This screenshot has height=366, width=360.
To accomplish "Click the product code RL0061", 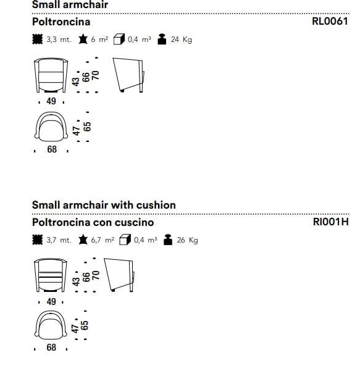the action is tap(330, 21).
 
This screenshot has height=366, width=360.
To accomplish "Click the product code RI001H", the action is tap(330, 222).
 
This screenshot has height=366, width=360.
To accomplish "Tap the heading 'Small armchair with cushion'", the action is tap(104, 205).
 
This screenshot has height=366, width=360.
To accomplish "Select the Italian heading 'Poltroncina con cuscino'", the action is tap(93, 222).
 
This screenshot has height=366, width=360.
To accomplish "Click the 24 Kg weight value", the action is tap(182, 40).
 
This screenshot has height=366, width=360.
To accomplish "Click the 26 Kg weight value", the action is tap(187, 240).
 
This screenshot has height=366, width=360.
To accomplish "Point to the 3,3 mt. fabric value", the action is tap(59, 40).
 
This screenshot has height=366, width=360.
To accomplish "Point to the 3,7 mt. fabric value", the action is tap(59, 240).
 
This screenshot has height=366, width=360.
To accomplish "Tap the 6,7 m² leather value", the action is tap(103, 239).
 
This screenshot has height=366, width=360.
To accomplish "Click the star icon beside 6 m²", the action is tap(83, 39).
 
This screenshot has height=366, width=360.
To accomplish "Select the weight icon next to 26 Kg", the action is tap(168, 239).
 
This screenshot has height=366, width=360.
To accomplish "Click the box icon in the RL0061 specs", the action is tap(119, 40).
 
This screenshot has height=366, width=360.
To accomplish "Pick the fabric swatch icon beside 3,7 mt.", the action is tap(37, 239).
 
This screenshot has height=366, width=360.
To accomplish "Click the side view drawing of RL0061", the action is tap(128, 75).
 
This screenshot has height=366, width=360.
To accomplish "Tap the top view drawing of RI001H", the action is tap(51, 325).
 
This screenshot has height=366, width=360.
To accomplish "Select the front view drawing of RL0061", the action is tap(51, 75).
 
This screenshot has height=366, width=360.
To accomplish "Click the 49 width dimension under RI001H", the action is tap(51, 302).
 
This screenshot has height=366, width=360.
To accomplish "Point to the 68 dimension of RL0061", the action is tap(52, 149).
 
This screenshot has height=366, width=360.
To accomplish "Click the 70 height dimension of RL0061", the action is tap(96, 75).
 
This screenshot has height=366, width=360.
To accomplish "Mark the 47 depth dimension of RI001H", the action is tap(75, 328).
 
